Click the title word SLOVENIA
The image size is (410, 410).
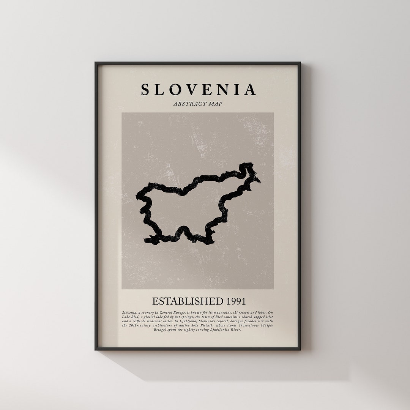click(x=199, y=90)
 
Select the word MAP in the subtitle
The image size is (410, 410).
click(x=215, y=104)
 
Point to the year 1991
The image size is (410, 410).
click(x=236, y=301)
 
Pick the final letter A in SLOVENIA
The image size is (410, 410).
click(x=250, y=90)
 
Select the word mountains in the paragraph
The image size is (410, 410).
click(x=214, y=312)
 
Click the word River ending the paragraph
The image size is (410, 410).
click(x=236, y=330)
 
